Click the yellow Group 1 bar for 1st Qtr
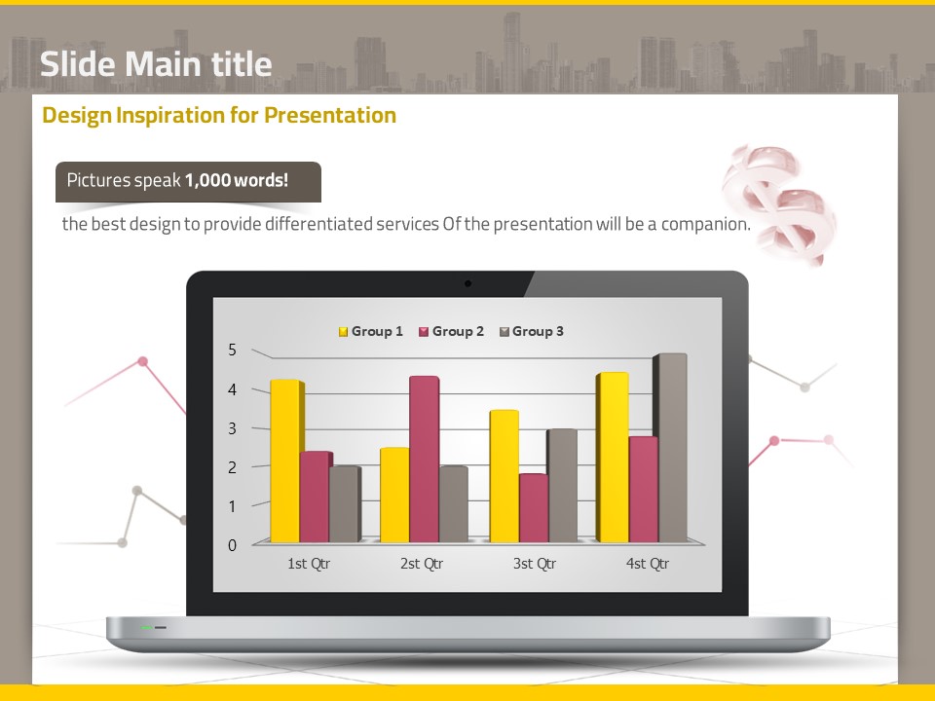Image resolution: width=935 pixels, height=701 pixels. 286,461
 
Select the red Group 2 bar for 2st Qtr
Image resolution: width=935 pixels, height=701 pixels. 425,459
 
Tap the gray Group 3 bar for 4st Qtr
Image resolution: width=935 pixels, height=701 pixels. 670,448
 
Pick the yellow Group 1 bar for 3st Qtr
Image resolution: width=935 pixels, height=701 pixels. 505,476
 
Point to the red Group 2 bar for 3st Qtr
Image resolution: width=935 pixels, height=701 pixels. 535,508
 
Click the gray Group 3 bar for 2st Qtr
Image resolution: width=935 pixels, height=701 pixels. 454,503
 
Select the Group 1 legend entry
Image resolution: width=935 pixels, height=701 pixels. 371,331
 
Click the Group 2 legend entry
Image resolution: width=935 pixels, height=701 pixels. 451,331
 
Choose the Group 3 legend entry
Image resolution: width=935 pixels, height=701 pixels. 532,331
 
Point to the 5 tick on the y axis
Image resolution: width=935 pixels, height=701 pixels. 233,350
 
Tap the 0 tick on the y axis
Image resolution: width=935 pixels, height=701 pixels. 233,545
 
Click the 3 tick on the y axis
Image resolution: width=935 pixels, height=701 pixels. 233,428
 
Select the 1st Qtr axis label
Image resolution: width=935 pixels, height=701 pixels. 309,564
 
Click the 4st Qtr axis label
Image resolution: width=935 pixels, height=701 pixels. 648,564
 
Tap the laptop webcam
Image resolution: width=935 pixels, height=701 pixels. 468,283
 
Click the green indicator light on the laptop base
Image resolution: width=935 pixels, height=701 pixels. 147,628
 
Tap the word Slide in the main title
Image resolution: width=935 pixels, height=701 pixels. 78,64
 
